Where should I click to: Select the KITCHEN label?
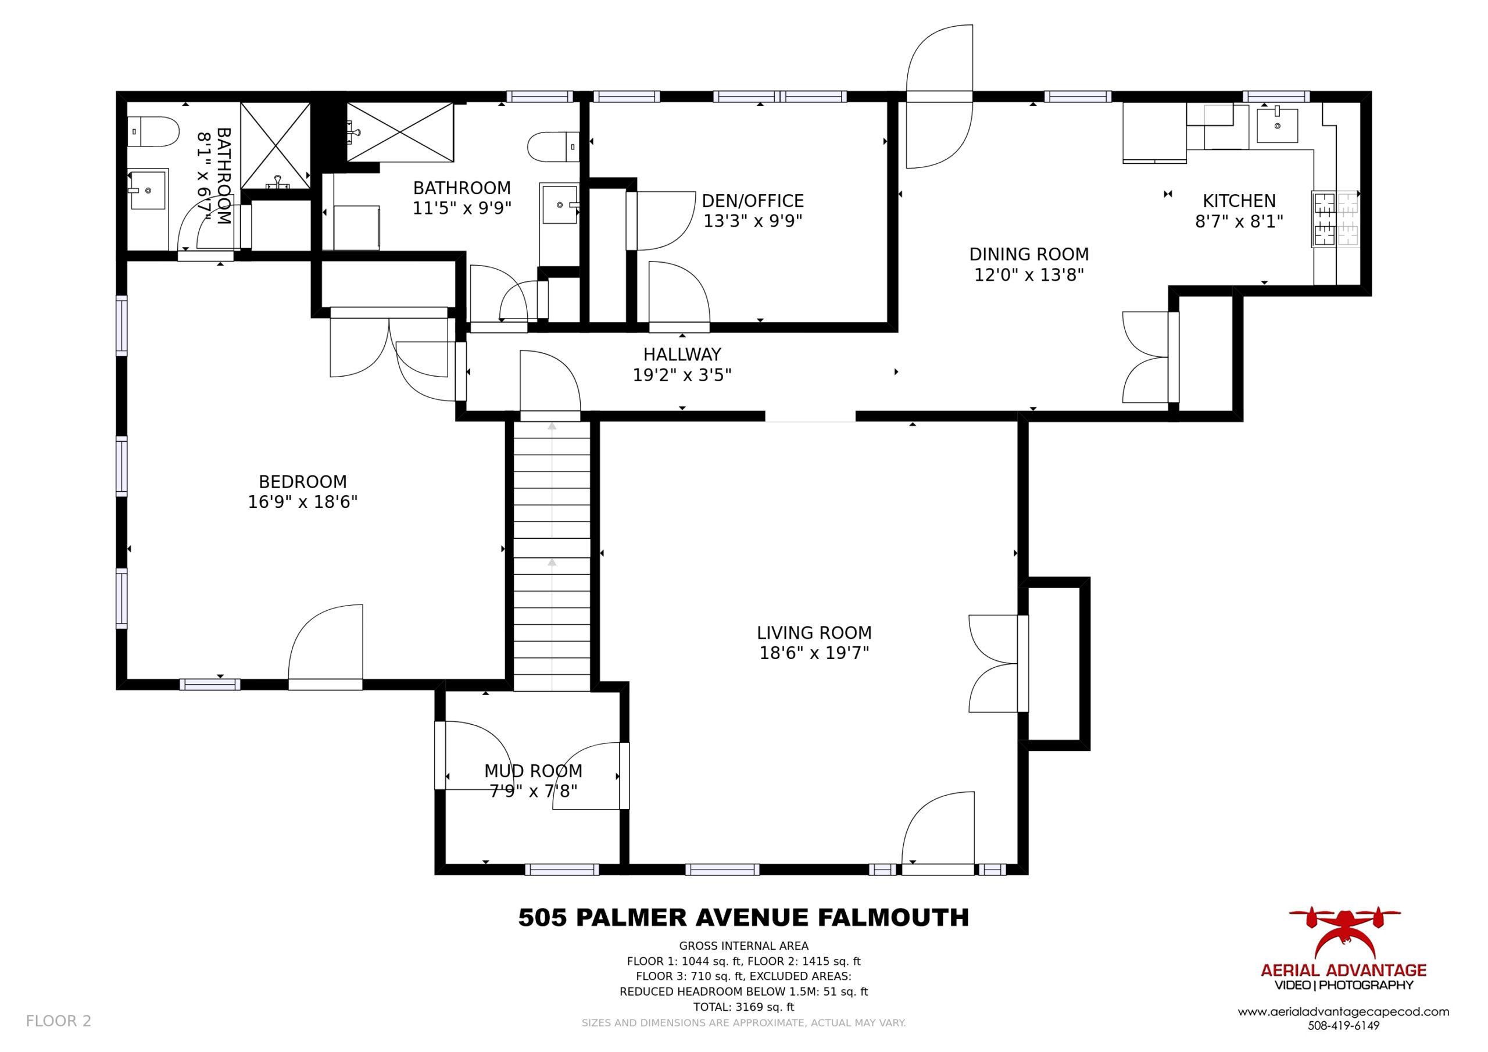pyautogui.click(x=1239, y=201)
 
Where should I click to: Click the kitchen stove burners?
pyautogui.click(x=1336, y=219)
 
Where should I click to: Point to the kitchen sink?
pyautogui.click(x=1278, y=125)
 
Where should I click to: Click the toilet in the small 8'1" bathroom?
pyautogui.click(x=152, y=131)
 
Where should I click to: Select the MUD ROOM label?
pyautogui.click(x=534, y=771)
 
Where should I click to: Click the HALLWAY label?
pyautogui.click(x=682, y=355)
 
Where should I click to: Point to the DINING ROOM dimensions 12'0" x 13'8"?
pyautogui.click(x=1029, y=275)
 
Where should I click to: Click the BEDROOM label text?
pyautogui.click(x=303, y=482)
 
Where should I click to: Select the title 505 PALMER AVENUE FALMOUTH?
pyautogui.click(x=743, y=918)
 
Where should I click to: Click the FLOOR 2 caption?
pyautogui.click(x=58, y=1021)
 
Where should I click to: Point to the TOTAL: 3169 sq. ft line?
pyautogui.click(x=743, y=1007)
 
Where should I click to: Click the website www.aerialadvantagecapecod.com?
pyautogui.click(x=1343, y=1012)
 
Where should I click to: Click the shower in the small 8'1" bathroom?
pyautogui.click(x=276, y=146)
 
